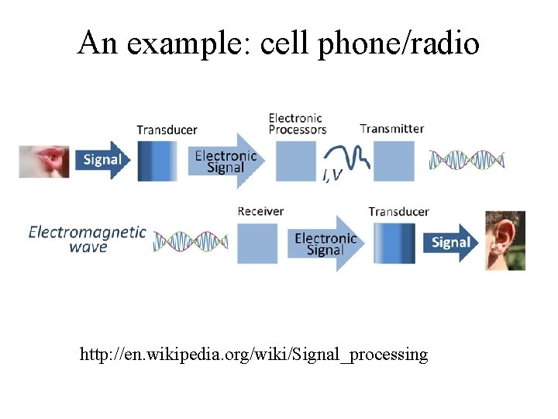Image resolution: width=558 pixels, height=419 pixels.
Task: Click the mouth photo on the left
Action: [44, 161]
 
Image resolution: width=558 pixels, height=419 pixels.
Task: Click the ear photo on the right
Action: [505, 241]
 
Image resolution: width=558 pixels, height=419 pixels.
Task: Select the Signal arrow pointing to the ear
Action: [451, 242]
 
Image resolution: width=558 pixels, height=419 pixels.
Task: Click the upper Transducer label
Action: [167, 130]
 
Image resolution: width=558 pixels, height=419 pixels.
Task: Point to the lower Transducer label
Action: [398, 211]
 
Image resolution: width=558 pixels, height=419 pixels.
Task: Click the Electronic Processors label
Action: [298, 124]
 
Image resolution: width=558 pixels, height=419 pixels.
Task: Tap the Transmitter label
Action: [392, 128]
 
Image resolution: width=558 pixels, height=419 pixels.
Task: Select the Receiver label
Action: [260, 211]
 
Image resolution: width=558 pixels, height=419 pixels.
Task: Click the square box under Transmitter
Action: [394, 161]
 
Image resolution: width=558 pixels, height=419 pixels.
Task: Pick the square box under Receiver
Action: [256, 243]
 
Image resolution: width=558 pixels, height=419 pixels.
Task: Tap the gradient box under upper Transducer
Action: [157, 161]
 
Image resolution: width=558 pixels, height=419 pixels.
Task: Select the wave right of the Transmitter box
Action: [467, 160]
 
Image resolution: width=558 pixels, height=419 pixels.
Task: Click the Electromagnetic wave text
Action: [87, 238]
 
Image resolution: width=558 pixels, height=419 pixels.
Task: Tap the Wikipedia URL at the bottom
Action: [253, 355]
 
